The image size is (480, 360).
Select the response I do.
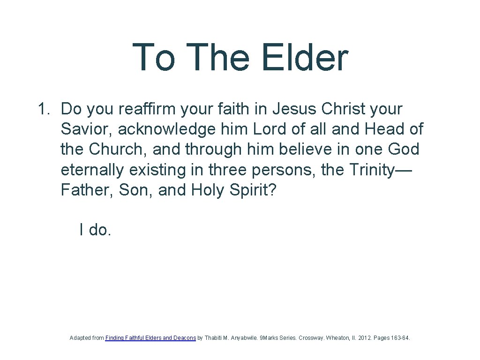click(x=95, y=230)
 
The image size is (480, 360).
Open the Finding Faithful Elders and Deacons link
click(x=150, y=337)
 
